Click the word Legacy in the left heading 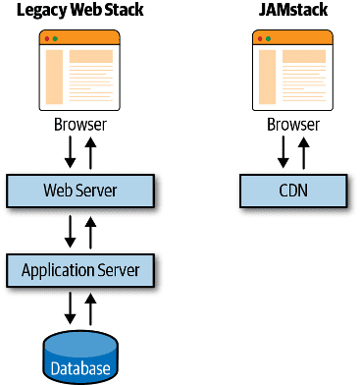[38, 11]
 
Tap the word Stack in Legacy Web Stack [121, 11]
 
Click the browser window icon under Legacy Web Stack [80, 71]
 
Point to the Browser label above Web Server [80, 126]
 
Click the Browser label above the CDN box [292, 126]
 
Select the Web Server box [80, 190]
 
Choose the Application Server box [80, 269]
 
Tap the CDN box [291, 190]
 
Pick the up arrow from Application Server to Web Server [91, 231]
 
